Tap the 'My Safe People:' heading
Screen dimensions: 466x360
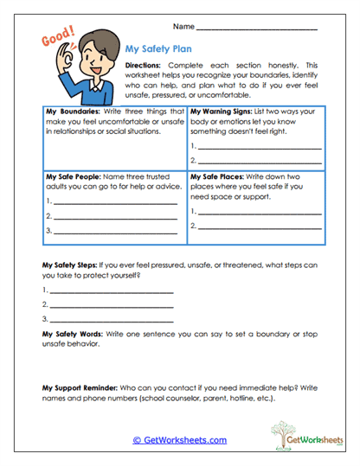pyautogui.click(x=72, y=176)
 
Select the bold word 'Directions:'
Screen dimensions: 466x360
pyautogui.click(x=143, y=65)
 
